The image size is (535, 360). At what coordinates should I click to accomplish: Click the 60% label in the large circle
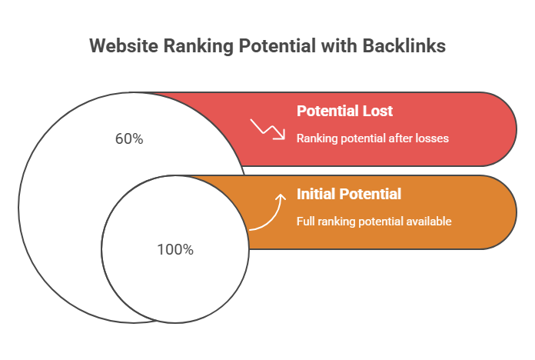pos(129,139)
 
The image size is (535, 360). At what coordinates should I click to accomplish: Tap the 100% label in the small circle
pos(175,250)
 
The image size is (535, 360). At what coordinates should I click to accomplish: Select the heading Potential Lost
pos(344,111)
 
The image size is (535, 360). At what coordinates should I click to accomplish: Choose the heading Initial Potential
pos(349,194)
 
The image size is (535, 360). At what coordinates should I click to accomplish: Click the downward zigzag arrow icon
pos(267,129)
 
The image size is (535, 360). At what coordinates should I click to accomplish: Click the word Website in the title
pos(124,45)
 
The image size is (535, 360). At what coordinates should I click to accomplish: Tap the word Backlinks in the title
pos(404,45)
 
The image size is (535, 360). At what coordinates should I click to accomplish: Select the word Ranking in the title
pos(198,46)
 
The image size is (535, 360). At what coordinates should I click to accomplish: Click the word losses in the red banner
pos(432,138)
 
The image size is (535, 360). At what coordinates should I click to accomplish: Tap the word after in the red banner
pos(402,138)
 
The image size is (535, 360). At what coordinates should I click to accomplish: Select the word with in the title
pos(339,45)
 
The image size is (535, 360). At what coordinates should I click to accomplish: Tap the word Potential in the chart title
pos(277,45)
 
